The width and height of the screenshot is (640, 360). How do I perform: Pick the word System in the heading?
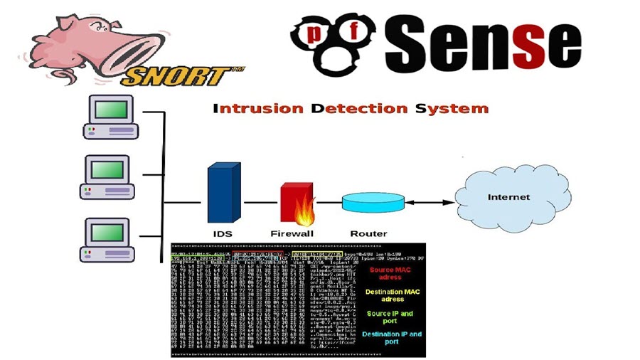[x=452, y=109]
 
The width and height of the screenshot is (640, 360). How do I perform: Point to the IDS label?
[x=223, y=233]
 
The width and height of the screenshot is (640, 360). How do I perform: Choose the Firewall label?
[x=292, y=233]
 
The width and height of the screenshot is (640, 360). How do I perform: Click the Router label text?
[x=368, y=233]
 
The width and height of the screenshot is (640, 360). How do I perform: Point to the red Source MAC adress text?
[x=385, y=273]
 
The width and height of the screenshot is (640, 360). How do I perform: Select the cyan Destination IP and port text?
[x=391, y=338]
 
